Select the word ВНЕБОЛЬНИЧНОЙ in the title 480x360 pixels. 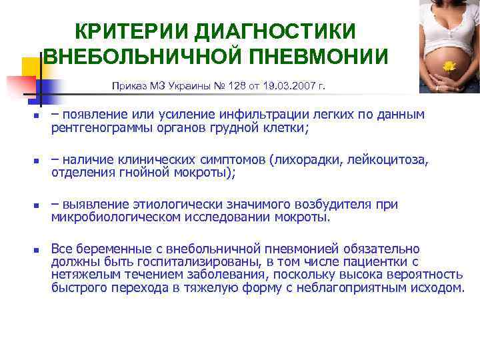[x=143, y=57]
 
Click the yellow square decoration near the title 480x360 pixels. [x=32, y=67]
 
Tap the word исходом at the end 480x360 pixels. [x=440, y=288]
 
